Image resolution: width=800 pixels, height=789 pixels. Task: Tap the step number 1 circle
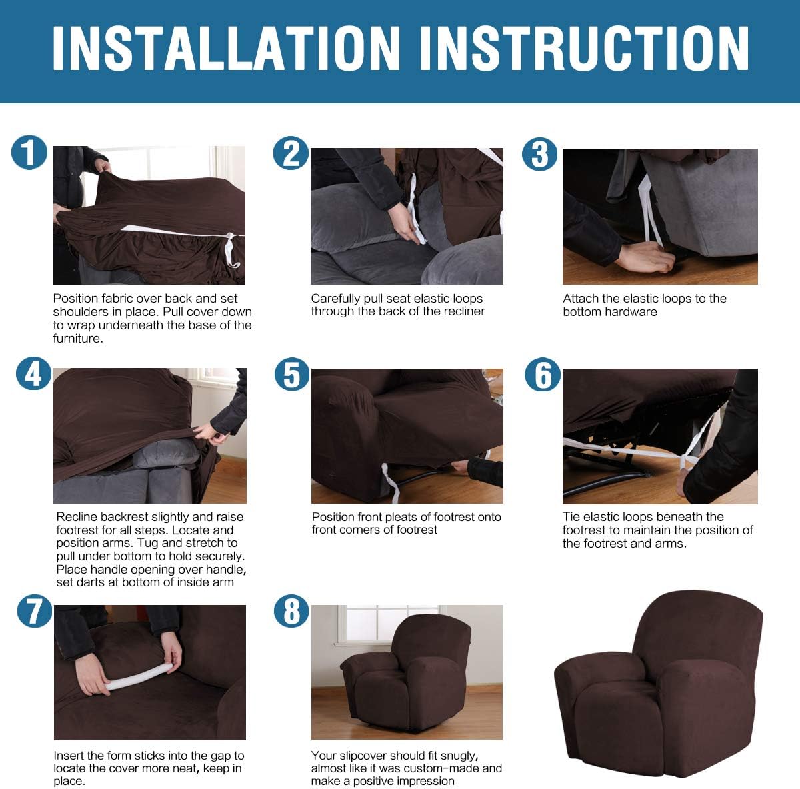click(x=29, y=153)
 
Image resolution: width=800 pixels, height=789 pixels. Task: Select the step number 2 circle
click(x=291, y=153)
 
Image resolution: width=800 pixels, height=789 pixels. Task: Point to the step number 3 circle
click(x=539, y=154)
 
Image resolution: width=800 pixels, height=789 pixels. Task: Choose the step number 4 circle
click(x=33, y=374)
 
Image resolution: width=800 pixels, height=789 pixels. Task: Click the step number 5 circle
click(x=292, y=374)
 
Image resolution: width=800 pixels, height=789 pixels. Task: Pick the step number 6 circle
click(x=543, y=374)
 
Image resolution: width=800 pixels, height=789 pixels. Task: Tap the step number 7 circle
click(x=34, y=610)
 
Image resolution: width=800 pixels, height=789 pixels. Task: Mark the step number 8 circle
click(x=292, y=611)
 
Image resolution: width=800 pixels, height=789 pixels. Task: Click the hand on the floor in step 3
click(x=643, y=257)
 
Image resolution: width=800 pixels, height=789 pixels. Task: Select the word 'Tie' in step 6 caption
click(x=571, y=517)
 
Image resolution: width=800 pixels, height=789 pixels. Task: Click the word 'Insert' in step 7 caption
click(x=69, y=756)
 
